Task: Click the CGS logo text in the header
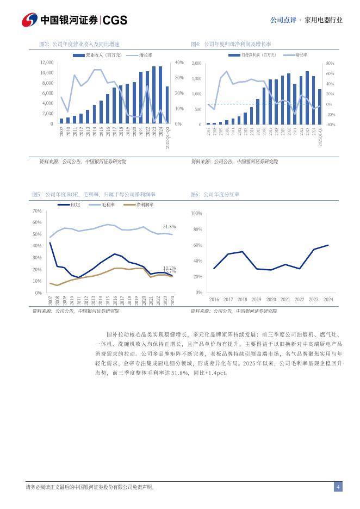pos(115,20)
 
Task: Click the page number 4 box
pos(338,487)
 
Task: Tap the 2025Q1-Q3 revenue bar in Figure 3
pos(167,105)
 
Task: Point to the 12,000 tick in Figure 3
pos(47,63)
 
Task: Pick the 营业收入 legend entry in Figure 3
pos(96,55)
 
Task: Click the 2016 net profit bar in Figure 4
pos(264,106)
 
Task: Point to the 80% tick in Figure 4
pos(330,64)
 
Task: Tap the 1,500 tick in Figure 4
pos(196,79)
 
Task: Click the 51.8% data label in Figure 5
pos(169,226)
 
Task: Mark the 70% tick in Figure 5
pos(37,211)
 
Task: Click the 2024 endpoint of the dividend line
pos(328,245)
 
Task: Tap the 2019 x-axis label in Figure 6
pos(256,299)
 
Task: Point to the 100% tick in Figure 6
pos(196,214)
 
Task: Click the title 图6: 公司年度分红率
pos(215,194)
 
